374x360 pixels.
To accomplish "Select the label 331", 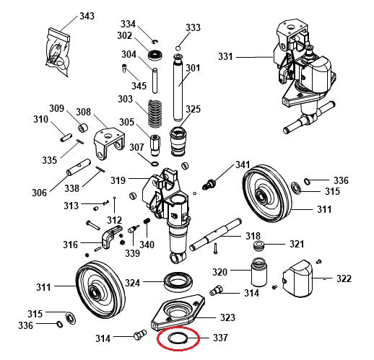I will [227, 56].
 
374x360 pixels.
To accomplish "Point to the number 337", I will [220, 337].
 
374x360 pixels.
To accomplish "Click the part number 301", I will [193, 69].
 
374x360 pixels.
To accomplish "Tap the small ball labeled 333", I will [177, 48].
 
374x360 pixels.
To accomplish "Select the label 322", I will [344, 278].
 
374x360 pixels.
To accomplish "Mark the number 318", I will [253, 236].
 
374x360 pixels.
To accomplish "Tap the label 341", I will [243, 165].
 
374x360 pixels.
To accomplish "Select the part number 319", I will [118, 180].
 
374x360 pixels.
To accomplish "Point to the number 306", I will [39, 193].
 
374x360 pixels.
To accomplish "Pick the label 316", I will [70, 245].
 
